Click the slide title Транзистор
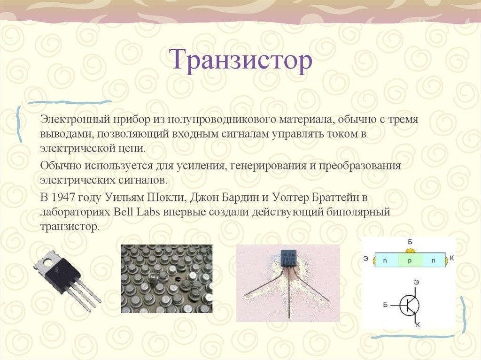coord(241,61)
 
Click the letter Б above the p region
coord(410,242)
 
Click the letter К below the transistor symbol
coord(418,325)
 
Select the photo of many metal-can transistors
coord(166,278)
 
